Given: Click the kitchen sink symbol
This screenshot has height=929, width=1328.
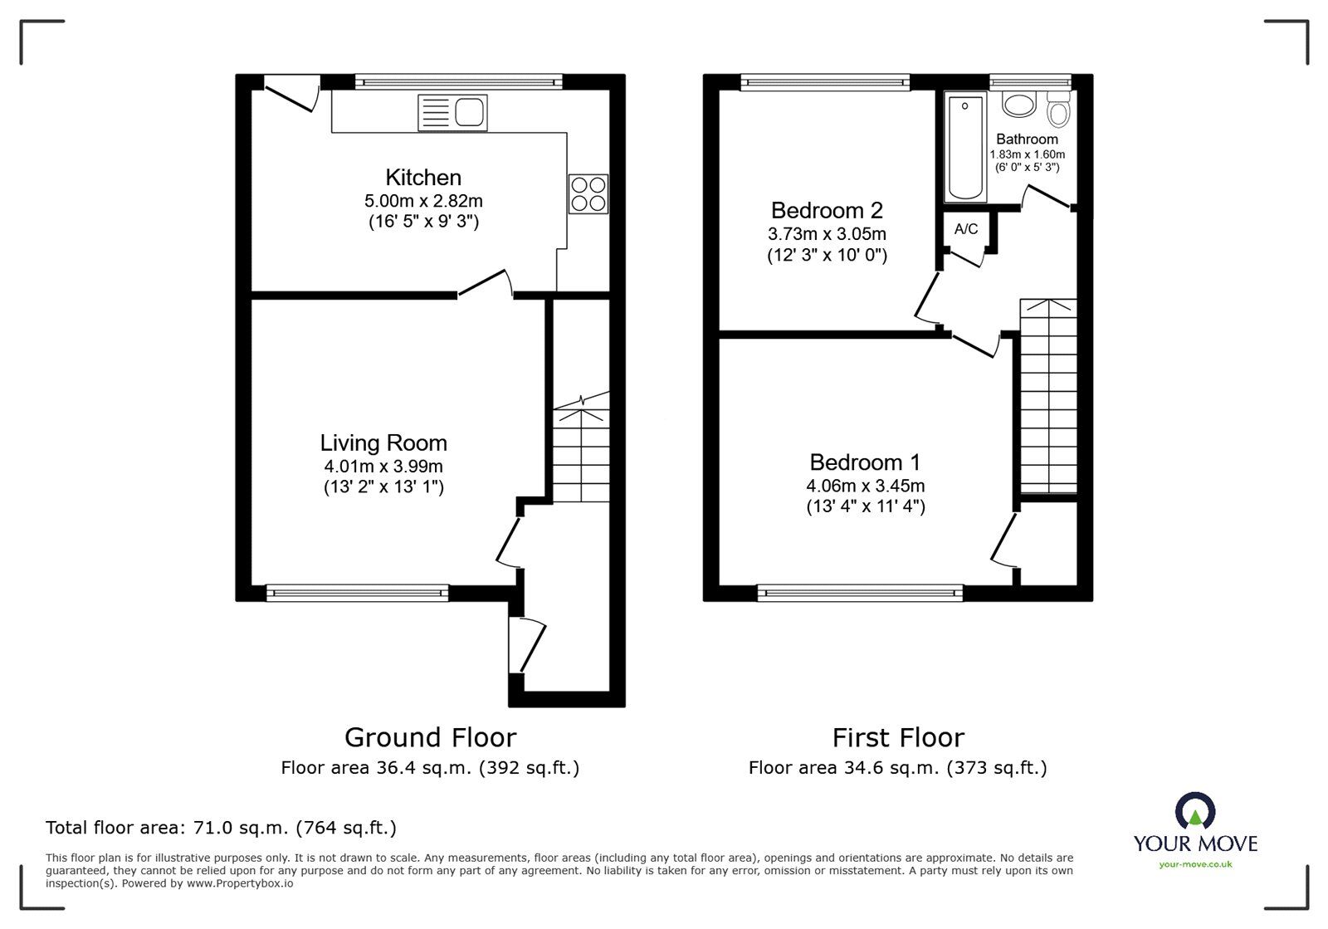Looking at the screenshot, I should click(x=453, y=113).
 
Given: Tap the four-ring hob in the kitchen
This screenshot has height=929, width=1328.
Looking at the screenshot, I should click(x=588, y=193).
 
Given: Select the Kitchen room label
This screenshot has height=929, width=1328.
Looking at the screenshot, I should click(x=423, y=178).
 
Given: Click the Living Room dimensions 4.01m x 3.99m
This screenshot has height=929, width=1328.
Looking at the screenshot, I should click(x=383, y=467).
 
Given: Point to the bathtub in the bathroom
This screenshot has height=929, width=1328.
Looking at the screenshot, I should click(x=966, y=148).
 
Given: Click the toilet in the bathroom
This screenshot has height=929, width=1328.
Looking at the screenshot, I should click(x=1058, y=107).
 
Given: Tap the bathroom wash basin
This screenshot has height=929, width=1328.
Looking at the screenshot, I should click(x=1018, y=104).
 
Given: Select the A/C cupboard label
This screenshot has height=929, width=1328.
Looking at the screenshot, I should click(x=966, y=229).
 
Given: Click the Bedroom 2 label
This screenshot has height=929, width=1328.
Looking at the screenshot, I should click(x=827, y=210).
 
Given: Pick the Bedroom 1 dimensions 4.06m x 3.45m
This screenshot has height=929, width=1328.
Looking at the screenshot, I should click(x=866, y=486).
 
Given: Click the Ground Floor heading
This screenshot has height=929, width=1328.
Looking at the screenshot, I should click(x=430, y=737).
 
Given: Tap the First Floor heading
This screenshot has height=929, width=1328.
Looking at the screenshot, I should click(x=898, y=737).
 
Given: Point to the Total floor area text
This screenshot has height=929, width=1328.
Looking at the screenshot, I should click(x=221, y=828).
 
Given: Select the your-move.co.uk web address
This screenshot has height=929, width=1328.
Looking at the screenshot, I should click(x=1195, y=864).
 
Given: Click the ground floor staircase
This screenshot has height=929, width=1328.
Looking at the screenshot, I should click(x=581, y=452).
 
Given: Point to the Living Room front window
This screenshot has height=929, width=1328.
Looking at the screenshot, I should click(x=357, y=592).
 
